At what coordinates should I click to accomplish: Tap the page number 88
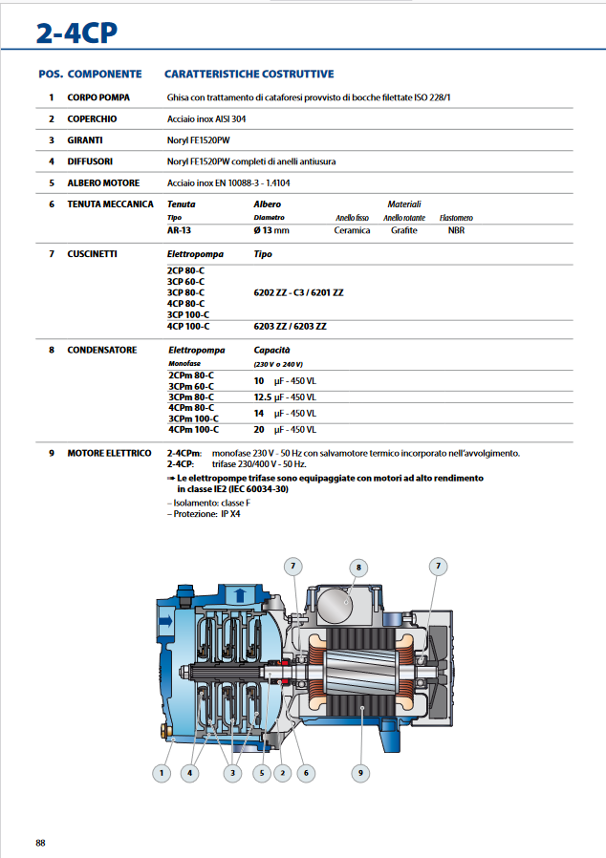pyautogui.click(x=40, y=842)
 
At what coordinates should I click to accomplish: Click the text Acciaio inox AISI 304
pyautogui.click(x=206, y=119)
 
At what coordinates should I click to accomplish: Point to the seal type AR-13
pyautogui.click(x=180, y=230)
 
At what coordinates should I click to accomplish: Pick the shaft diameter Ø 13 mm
pyautogui.click(x=271, y=230)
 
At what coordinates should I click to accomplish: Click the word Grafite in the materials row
pyautogui.click(x=403, y=230)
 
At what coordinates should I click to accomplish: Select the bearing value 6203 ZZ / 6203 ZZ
pyautogui.click(x=289, y=326)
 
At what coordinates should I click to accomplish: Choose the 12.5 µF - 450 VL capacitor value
pyautogui.click(x=281, y=397)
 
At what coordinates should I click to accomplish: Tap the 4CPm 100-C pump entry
pyautogui.click(x=190, y=430)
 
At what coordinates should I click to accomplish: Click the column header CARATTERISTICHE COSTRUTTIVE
pyautogui.click(x=249, y=74)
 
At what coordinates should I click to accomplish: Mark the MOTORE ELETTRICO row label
pyautogui.click(x=109, y=453)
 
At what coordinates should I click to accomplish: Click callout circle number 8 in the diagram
pyautogui.click(x=358, y=568)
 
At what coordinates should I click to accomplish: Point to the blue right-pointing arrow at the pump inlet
pyautogui.click(x=166, y=621)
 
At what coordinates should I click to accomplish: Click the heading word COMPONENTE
pyautogui.click(x=105, y=74)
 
